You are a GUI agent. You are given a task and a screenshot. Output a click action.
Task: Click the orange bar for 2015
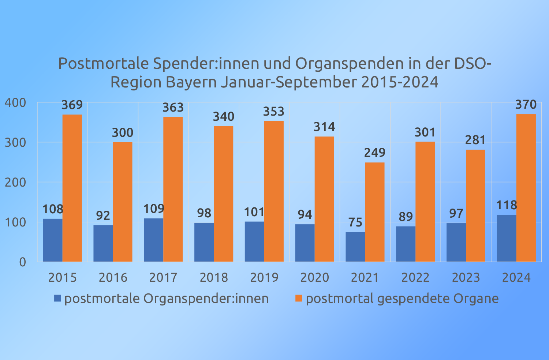pyautogui.click(x=72, y=188)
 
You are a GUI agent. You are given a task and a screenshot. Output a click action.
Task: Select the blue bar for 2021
pyautogui.click(x=355, y=247)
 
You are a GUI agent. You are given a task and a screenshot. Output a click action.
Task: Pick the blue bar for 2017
pyautogui.click(x=153, y=240)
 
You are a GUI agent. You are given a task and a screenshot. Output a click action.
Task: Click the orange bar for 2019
pyautogui.click(x=274, y=191)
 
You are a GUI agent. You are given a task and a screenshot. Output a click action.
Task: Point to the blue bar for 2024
pyautogui.click(x=506, y=238)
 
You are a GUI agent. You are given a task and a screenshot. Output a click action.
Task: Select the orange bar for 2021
pyautogui.click(x=374, y=212)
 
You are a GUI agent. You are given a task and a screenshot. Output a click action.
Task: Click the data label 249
pyautogui.click(x=374, y=153)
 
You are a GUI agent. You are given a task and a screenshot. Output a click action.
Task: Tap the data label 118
pyautogui.click(x=506, y=205)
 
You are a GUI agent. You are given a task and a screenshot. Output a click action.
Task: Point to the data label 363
pyautogui.click(x=173, y=108)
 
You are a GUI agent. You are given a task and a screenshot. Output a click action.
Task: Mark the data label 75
pyautogui.click(x=355, y=222)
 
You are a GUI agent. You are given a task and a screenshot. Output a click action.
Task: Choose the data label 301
pyautogui.click(x=425, y=132)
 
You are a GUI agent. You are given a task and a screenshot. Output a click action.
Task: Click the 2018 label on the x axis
pyautogui.click(x=214, y=278)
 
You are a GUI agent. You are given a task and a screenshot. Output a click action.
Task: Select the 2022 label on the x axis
pyautogui.click(x=415, y=278)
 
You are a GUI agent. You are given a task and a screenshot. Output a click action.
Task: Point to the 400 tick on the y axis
pyautogui.click(x=15, y=103)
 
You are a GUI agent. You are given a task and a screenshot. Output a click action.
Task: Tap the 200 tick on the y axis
pyautogui.click(x=15, y=182)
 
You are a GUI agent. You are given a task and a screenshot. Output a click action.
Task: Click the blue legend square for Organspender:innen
pyautogui.click(x=57, y=299)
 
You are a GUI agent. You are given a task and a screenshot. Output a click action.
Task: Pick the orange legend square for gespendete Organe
pyautogui.click(x=299, y=299)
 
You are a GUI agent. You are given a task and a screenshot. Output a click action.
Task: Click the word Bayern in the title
pyautogui.click(x=190, y=82)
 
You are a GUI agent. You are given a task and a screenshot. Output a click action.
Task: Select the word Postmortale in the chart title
pyautogui.click(x=104, y=64)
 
